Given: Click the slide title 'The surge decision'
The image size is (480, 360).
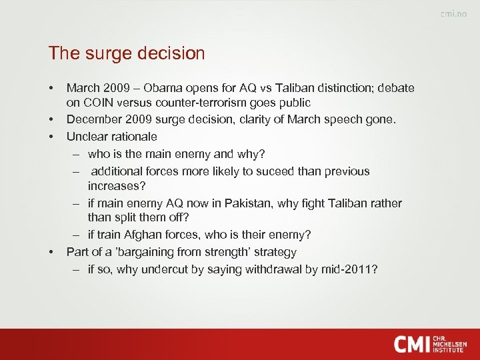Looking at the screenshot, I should [127, 53].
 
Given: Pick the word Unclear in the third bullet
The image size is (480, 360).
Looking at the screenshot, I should [86, 136].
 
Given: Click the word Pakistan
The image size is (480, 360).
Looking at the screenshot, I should [263, 203].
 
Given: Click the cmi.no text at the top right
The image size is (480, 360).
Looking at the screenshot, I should [453, 15].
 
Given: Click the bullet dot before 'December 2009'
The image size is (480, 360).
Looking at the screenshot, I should [51, 120].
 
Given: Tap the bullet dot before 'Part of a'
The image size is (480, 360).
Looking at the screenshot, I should [51, 253].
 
